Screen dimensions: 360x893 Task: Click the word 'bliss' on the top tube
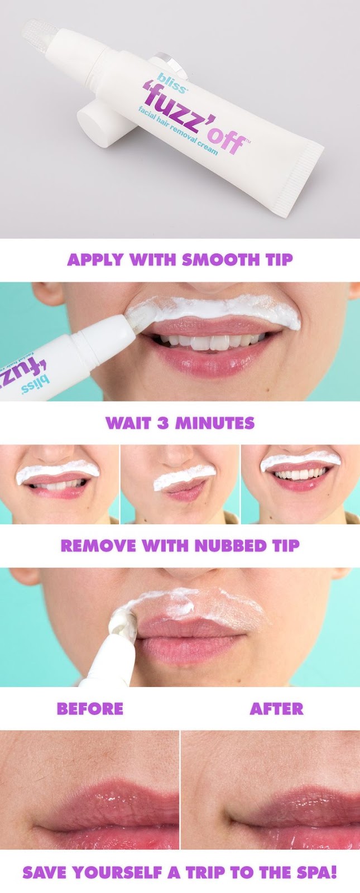click(171, 83)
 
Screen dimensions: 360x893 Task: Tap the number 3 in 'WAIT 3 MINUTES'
click(163, 423)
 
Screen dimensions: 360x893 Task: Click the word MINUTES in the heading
click(214, 423)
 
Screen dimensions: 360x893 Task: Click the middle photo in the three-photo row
click(180, 484)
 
